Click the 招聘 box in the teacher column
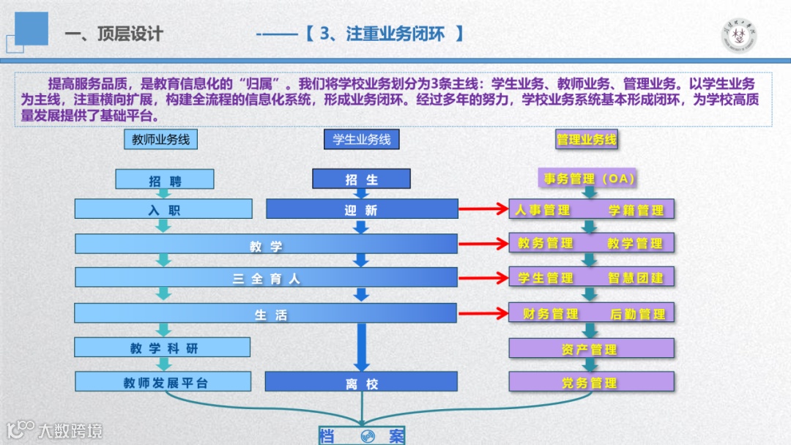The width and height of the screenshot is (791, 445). [x=165, y=180]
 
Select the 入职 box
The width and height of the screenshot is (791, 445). [x=163, y=209]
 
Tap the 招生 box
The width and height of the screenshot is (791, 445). [x=361, y=179]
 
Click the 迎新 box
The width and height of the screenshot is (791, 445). [x=362, y=209]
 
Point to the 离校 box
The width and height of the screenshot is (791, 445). [x=361, y=382]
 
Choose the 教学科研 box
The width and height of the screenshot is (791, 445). [x=163, y=348]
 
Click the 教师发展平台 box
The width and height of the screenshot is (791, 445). [x=163, y=381]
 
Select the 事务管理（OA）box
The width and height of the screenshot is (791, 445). [x=590, y=178]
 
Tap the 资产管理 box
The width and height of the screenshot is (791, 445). [x=591, y=349]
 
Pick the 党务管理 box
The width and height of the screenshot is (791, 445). [x=591, y=382]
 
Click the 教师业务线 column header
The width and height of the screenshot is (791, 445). [x=161, y=139]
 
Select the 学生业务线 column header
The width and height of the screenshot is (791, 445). [x=362, y=139]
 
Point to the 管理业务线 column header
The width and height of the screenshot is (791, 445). [x=587, y=139]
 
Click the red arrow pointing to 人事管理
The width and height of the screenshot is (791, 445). [x=483, y=210]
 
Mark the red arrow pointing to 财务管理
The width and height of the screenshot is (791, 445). [x=483, y=314]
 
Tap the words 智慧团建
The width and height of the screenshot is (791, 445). [x=636, y=278]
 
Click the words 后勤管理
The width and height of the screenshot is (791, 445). [x=638, y=314]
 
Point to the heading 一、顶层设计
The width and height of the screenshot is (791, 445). [x=114, y=34]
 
